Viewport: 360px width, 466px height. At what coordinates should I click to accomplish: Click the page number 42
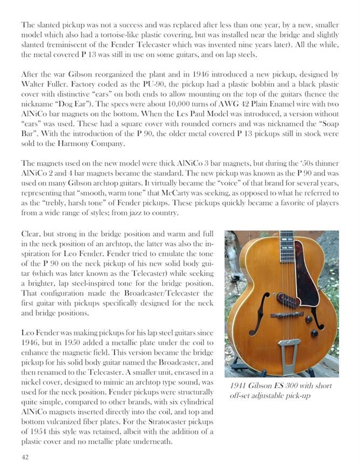click(x=25, y=457)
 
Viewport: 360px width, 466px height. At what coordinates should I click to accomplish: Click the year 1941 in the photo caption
click(x=240, y=386)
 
